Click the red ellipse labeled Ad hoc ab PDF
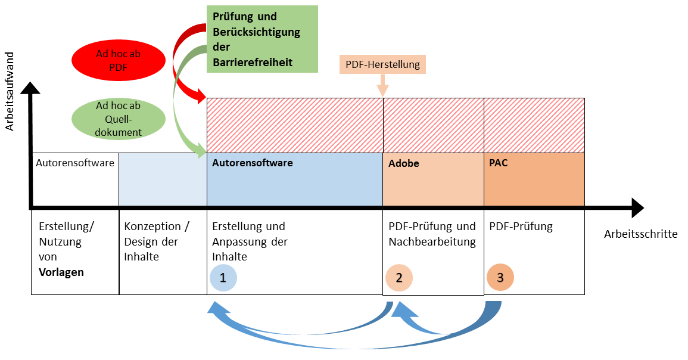pyautogui.click(x=118, y=60)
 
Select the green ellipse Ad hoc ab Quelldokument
pyautogui.click(x=118, y=119)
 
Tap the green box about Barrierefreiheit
pyautogui.click(x=262, y=39)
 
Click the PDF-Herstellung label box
pyautogui.click(x=382, y=64)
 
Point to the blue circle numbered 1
pyautogui.click(x=223, y=278)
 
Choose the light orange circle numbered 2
pyautogui.click(x=399, y=278)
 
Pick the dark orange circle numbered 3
pyautogui.click(x=500, y=278)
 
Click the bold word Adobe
pyautogui.click(x=404, y=163)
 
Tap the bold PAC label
pyautogui.click(x=498, y=163)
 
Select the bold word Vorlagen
pyautogui.click(x=61, y=272)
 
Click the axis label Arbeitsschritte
pyautogui.click(x=640, y=234)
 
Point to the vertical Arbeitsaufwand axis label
pyautogui.click(x=10, y=91)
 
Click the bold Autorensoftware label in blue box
pyautogui.click(x=253, y=163)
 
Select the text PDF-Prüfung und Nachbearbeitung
pyautogui.click(x=432, y=234)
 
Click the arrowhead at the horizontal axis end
pyautogui.click(x=637, y=207)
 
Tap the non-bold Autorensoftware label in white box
pyautogui.click(x=75, y=163)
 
